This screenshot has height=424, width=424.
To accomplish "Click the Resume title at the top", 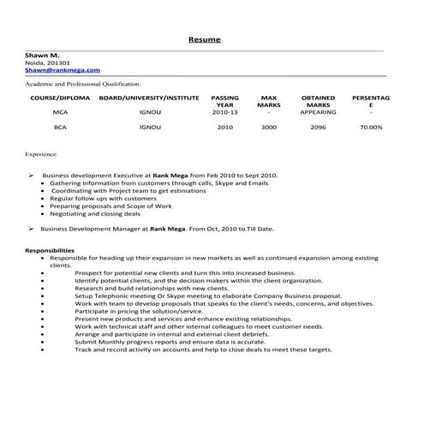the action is (204, 40).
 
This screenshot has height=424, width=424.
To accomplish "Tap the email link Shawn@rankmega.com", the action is (63, 70).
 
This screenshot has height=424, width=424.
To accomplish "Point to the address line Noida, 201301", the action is (47, 63).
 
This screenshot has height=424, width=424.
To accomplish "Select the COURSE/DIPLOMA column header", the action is (60, 98).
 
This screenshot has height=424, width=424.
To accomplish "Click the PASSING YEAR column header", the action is (224, 101).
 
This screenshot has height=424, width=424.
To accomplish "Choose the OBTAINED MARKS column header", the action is (319, 101).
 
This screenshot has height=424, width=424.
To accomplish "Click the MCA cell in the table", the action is (60, 112).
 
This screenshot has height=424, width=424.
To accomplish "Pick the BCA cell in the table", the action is (60, 127).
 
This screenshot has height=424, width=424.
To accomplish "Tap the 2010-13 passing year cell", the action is (224, 112).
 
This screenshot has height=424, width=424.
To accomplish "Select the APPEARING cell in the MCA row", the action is (319, 112).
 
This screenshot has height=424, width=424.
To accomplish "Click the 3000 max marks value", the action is (269, 127).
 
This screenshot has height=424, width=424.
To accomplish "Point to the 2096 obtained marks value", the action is (319, 127).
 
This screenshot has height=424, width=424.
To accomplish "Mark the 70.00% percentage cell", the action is (371, 127).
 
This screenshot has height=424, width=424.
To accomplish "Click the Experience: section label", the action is (43, 157).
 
